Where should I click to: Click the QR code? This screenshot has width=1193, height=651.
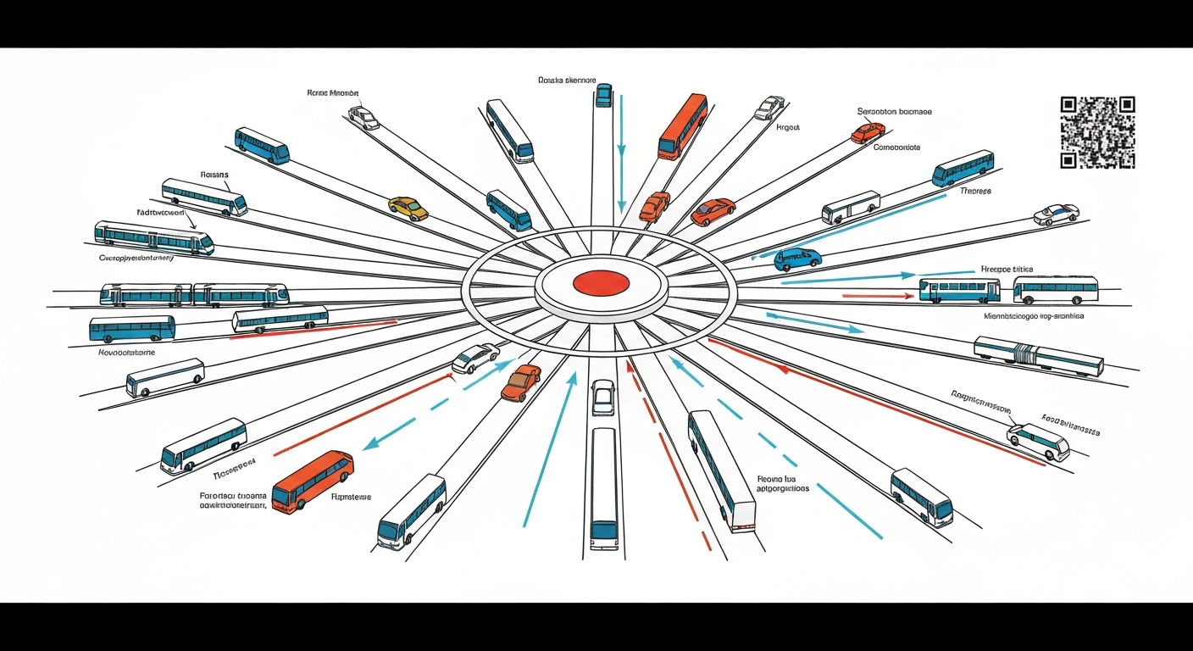1097,132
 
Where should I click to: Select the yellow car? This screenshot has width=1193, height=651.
408,208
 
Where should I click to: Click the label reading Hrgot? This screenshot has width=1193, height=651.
788,127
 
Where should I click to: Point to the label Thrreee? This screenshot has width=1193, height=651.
975,192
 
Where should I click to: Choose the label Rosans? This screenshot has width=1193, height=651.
214,175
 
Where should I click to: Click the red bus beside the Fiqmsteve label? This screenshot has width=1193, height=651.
312,480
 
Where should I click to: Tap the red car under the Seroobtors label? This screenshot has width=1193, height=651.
868,132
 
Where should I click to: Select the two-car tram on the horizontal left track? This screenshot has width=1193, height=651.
194,295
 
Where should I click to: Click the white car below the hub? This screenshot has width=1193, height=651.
602,397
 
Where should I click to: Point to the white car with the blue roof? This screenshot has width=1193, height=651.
1056,214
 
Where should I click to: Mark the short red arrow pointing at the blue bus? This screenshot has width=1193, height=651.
878,296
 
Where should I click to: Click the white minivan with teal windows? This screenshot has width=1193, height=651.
1038,442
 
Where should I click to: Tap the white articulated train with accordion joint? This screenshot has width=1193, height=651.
1038,356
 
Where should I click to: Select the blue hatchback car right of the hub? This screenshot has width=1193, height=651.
797,259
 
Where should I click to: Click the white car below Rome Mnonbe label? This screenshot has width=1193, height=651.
363,118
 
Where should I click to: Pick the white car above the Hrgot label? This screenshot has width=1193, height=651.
769,108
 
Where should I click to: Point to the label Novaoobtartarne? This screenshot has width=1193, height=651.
127,353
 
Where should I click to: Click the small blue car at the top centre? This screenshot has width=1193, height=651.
603,94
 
